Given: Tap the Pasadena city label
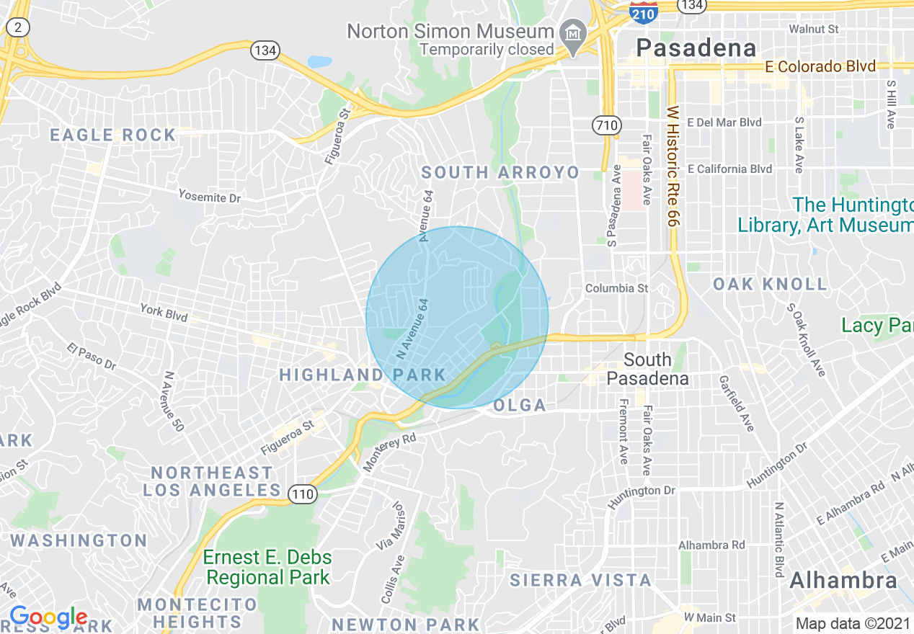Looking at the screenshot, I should click(x=697, y=48).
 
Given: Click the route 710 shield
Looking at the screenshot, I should click(x=607, y=125).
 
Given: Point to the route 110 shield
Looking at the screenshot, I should click(x=302, y=494).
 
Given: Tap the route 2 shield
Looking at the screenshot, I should click(x=18, y=27).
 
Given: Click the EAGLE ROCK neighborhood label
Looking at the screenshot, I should click(x=113, y=135).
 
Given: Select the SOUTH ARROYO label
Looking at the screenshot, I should click(x=500, y=173).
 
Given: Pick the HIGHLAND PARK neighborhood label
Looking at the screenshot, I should click(x=363, y=375).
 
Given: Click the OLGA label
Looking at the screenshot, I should click(x=520, y=406).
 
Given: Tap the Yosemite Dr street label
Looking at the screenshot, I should click(x=209, y=197).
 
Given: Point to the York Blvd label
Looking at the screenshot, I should click(x=164, y=313).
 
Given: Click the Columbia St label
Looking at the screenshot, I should click(x=616, y=288).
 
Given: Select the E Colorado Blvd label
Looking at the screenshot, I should click(x=820, y=67).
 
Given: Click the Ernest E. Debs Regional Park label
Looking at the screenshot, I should click(x=267, y=567).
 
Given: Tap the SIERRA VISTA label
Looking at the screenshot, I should click(x=580, y=580).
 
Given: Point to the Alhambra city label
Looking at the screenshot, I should click(x=843, y=581).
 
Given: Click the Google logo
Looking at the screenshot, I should click(x=48, y=617).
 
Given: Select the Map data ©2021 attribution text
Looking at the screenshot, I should click(x=851, y=623).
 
